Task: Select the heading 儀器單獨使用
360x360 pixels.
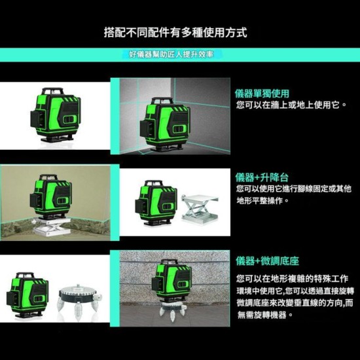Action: point(262,94)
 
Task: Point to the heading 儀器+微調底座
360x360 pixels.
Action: point(264,261)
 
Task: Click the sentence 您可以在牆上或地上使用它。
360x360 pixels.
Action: point(291,105)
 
